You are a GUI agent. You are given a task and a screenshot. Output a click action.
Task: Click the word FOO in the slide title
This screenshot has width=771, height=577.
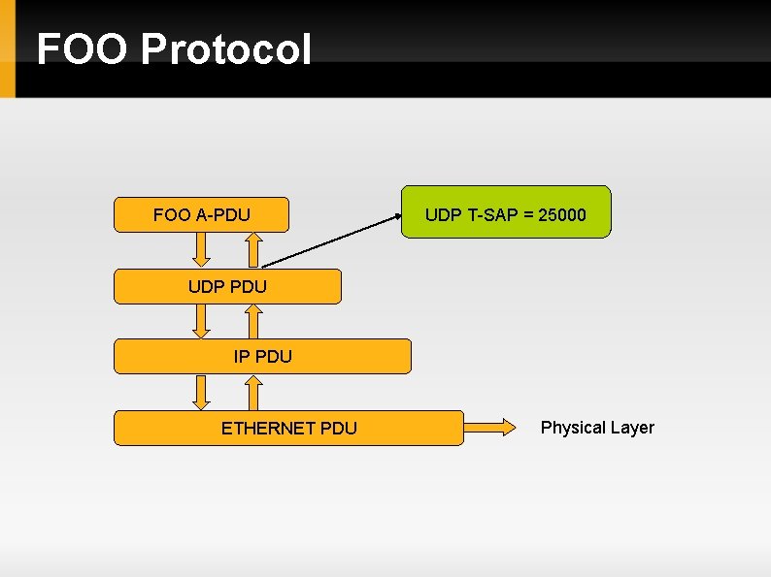(82, 49)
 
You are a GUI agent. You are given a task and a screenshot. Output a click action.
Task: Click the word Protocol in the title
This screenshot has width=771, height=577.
(226, 49)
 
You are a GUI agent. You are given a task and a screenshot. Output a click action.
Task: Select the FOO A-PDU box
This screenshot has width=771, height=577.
(201, 214)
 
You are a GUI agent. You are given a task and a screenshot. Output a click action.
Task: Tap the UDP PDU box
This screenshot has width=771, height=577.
(227, 286)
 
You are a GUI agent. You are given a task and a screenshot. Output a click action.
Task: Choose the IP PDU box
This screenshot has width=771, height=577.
(262, 356)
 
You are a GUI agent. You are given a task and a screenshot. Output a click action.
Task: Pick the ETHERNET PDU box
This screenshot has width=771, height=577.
(288, 428)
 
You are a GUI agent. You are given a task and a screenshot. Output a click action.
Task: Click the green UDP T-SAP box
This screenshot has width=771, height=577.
(506, 212)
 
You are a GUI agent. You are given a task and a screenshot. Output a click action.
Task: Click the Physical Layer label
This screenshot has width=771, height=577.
(597, 428)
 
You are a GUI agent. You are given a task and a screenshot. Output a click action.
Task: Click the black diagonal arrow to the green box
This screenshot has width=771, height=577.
(330, 240)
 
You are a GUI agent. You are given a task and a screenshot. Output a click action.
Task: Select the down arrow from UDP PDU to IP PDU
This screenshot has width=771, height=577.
(201, 321)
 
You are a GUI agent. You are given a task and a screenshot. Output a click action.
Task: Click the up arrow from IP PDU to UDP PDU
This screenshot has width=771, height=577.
(252, 321)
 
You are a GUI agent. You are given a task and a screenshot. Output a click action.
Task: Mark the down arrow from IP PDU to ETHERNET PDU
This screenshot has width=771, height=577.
(201, 392)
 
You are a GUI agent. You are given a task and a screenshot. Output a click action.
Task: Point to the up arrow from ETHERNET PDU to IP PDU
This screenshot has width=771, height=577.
(252, 392)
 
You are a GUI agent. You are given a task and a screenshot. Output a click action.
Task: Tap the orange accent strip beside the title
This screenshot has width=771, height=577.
(8, 48)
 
